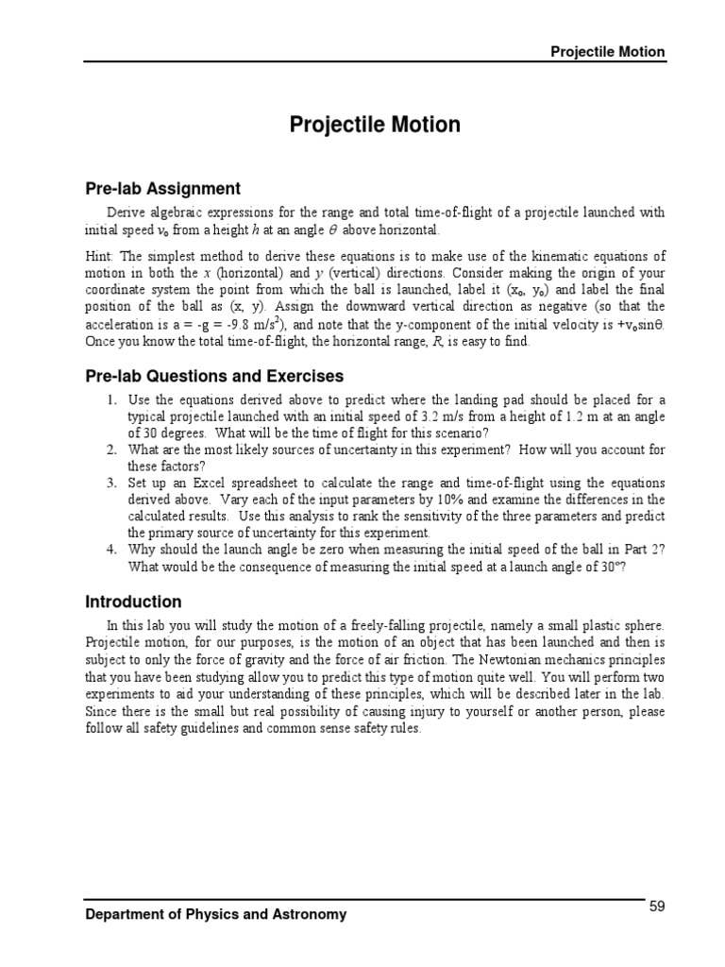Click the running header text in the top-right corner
click(608, 52)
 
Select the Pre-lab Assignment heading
click(163, 188)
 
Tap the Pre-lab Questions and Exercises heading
click(215, 377)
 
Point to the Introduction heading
click(133, 602)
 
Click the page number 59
click(657, 907)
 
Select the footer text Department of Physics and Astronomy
click(215, 914)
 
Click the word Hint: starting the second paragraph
click(101, 257)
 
